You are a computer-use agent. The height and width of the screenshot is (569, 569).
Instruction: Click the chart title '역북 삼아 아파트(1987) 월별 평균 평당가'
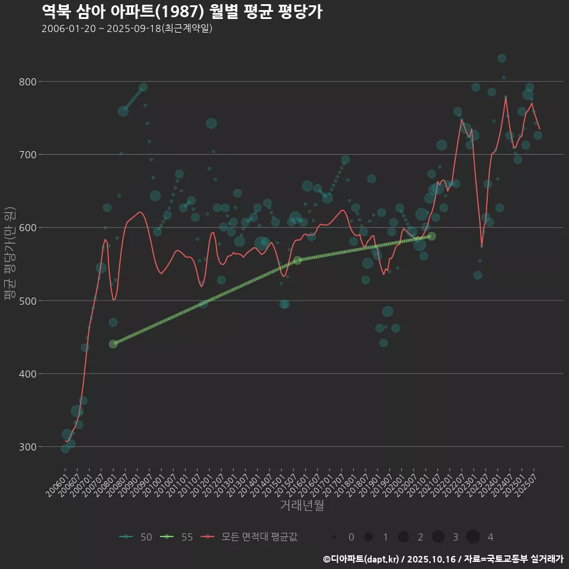click(182, 12)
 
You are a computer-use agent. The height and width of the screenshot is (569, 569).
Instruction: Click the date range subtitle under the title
click(127, 28)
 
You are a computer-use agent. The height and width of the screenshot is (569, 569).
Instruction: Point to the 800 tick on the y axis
click(27, 82)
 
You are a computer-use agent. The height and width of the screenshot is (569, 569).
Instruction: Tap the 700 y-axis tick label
click(27, 155)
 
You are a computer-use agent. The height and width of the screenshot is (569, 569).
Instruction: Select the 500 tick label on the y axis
click(27, 301)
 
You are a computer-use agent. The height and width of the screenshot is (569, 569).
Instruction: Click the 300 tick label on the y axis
click(27, 447)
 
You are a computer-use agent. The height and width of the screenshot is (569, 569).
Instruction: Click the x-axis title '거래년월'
click(302, 506)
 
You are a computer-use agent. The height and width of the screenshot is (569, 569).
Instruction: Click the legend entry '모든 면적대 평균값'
click(260, 537)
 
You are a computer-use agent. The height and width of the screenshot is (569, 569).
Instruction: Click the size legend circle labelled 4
click(472, 537)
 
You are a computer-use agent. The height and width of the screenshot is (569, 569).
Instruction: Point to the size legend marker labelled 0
click(334, 537)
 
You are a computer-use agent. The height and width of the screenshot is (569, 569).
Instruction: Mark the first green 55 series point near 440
click(113, 344)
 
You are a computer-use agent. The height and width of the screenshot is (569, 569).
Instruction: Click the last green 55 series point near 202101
click(432, 236)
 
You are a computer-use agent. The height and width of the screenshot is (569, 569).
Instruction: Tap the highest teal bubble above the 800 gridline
click(502, 58)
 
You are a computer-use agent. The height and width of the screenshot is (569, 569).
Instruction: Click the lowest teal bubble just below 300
click(65, 449)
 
